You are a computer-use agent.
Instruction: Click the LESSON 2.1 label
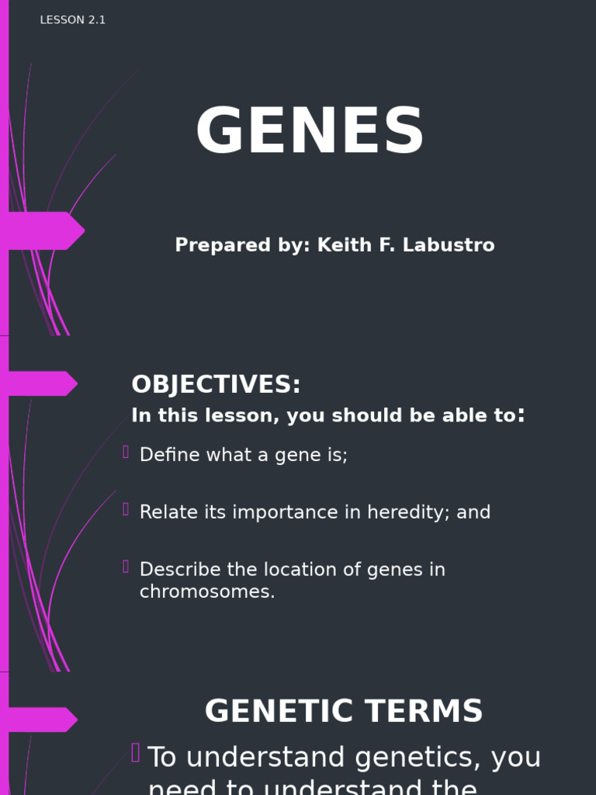(x=72, y=20)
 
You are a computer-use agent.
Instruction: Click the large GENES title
(x=310, y=132)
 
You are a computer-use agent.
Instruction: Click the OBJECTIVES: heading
(x=216, y=385)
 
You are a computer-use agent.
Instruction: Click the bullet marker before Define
(x=126, y=452)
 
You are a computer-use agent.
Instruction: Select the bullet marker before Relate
(x=126, y=509)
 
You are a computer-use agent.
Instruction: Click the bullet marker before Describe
(x=126, y=567)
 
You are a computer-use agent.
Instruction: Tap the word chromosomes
(x=206, y=592)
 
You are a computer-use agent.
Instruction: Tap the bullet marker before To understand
(x=135, y=752)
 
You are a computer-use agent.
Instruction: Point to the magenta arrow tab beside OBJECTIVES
(x=43, y=384)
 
